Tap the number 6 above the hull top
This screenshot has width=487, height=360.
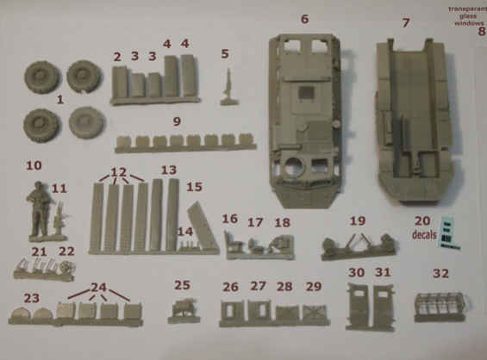304,19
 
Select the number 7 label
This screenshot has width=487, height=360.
406,22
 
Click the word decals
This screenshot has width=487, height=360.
424,234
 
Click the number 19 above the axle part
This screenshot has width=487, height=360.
358,221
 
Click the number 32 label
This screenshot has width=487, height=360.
441,273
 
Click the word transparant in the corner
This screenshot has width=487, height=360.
467,9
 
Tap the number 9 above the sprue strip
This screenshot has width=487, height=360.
177,121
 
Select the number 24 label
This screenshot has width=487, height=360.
98,287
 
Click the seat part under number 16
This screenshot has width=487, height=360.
233,242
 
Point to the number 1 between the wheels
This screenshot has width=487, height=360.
60,100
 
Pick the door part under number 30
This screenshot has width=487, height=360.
357,303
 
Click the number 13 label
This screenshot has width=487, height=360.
169,170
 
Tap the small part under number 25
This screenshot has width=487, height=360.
184,308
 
